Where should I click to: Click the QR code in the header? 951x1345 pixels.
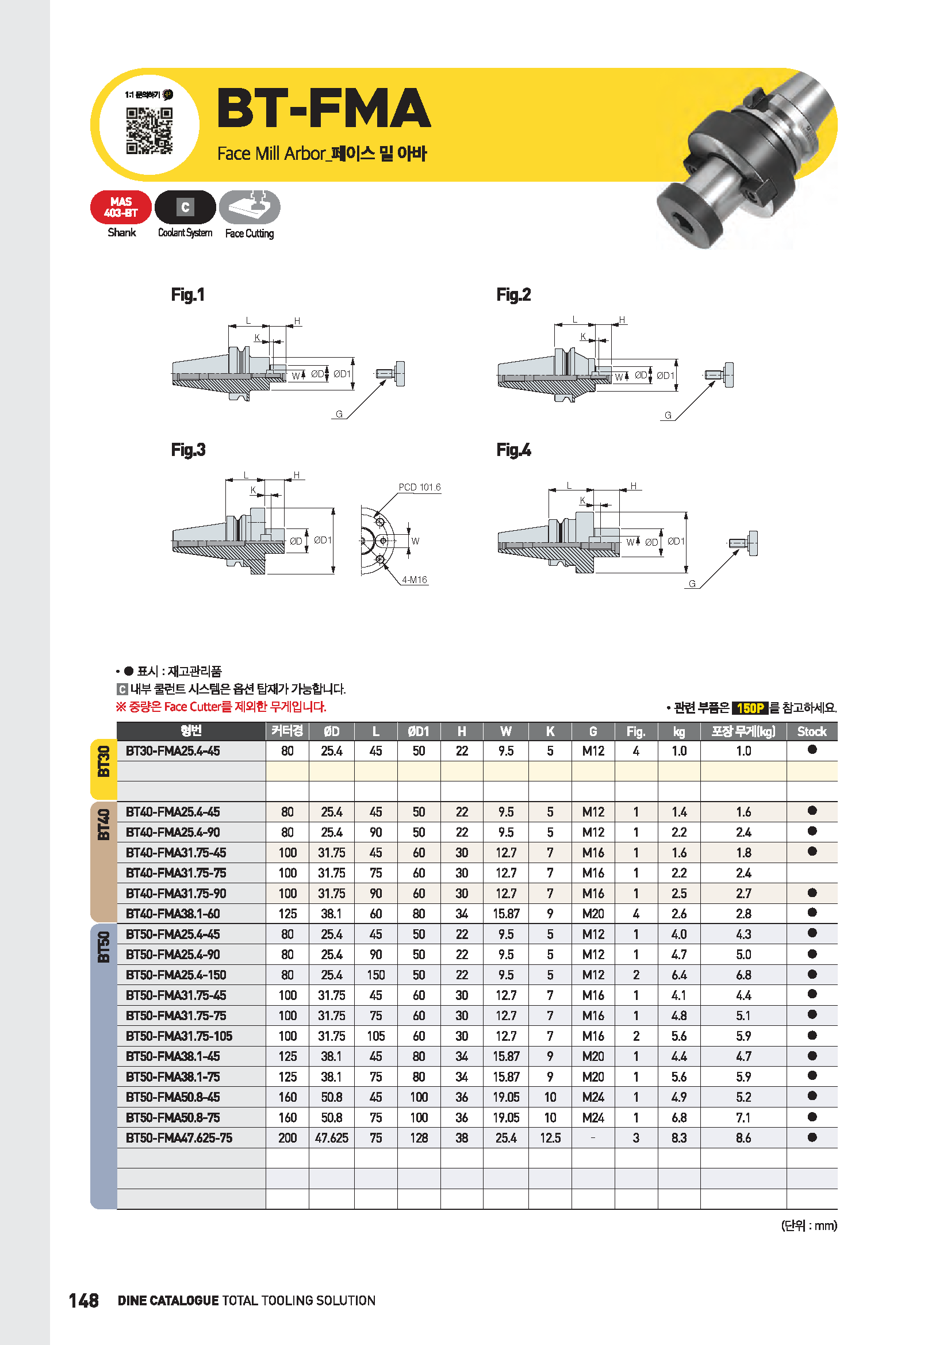149,131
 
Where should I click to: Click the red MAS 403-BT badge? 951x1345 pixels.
121,208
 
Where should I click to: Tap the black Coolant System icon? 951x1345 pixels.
185,208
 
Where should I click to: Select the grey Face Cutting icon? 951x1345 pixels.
250,208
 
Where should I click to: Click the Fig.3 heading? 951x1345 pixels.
188,450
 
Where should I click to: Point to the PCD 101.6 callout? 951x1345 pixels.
419,488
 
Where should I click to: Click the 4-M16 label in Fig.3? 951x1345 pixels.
414,580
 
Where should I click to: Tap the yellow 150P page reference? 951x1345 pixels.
750,708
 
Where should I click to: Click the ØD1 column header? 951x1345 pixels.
419,731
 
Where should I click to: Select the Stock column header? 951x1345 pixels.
812,731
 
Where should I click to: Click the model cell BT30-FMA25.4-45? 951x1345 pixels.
172,751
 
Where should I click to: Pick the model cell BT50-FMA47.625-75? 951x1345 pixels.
179,1137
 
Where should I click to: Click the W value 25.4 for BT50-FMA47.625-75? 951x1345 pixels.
506,1137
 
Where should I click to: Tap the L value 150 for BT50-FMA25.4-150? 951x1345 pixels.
376,975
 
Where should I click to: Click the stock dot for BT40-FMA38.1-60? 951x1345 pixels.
812,913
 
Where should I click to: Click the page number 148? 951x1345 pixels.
84,1301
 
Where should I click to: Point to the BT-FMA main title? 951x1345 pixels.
324,108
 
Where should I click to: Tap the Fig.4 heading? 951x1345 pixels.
513,450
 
